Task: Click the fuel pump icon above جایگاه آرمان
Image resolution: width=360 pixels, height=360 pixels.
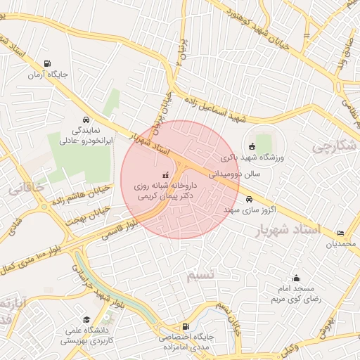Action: point(47,63)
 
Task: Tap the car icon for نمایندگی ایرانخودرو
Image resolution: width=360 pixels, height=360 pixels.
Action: point(86,120)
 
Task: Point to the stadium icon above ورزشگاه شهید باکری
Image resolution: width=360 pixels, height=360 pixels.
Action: point(252,146)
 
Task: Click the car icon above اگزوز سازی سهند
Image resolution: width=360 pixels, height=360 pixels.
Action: point(248,200)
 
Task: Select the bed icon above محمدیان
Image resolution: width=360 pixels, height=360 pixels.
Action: point(341,233)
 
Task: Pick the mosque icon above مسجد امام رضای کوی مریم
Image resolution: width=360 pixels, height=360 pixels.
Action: point(296,278)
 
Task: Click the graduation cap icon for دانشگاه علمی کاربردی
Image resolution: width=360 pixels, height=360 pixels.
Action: point(86,319)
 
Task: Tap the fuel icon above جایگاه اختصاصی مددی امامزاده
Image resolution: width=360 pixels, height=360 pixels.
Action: point(185,326)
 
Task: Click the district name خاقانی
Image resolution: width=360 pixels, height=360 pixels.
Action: point(27,188)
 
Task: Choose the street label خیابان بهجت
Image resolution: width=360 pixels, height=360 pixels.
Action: point(88,216)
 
